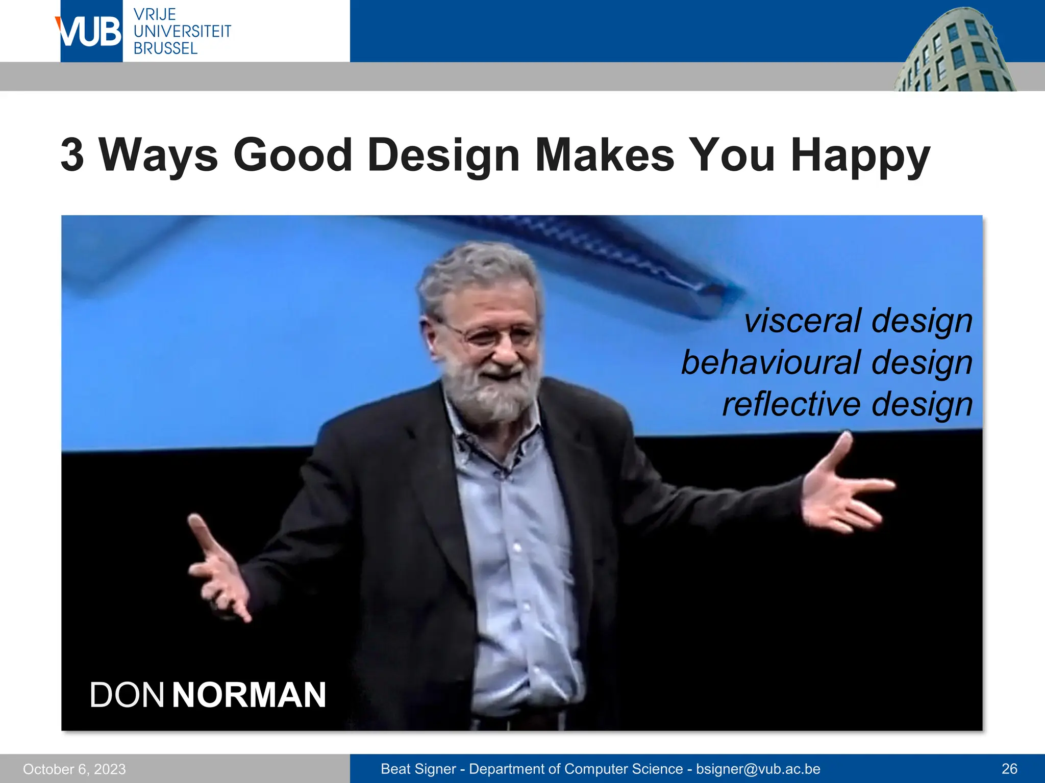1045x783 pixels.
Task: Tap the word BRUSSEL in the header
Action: point(165,48)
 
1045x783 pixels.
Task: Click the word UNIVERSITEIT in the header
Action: point(182,32)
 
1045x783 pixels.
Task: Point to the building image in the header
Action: point(954,51)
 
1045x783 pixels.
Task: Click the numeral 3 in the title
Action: point(72,155)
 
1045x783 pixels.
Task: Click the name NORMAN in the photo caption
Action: point(249,695)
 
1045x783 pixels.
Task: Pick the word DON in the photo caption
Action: point(127,695)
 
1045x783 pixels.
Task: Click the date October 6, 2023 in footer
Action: point(74,769)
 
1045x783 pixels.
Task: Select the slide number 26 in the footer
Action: point(1009,769)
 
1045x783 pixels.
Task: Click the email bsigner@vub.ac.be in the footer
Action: point(758,769)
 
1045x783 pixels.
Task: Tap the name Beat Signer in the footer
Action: point(418,769)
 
